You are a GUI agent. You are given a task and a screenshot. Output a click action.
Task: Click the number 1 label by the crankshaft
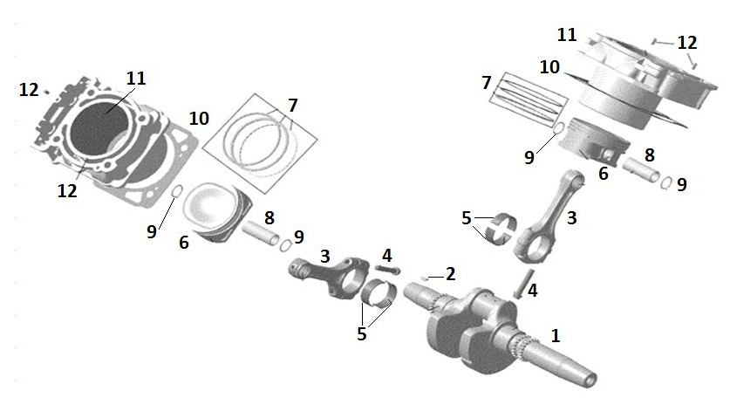(x=556, y=334)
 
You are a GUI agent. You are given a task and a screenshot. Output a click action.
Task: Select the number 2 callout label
(x=450, y=274)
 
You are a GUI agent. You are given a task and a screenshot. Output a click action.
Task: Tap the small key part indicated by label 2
(x=425, y=277)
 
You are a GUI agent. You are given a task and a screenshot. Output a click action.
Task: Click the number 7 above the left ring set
(x=293, y=105)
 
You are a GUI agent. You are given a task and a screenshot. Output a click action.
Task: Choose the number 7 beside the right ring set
(x=486, y=82)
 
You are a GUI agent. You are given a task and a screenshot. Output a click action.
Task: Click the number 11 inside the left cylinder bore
(x=134, y=79)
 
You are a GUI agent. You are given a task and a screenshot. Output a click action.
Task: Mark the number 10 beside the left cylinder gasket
(x=199, y=118)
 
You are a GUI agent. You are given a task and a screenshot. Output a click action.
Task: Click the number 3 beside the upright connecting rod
(x=571, y=217)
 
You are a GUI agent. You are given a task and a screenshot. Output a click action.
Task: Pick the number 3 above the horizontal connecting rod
(x=324, y=255)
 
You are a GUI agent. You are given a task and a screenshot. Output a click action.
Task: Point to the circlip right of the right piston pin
(x=666, y=183)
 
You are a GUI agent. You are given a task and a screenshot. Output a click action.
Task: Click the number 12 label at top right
(x=687, y=42)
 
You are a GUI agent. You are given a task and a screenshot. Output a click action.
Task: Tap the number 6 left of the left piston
(x=184, y=242)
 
